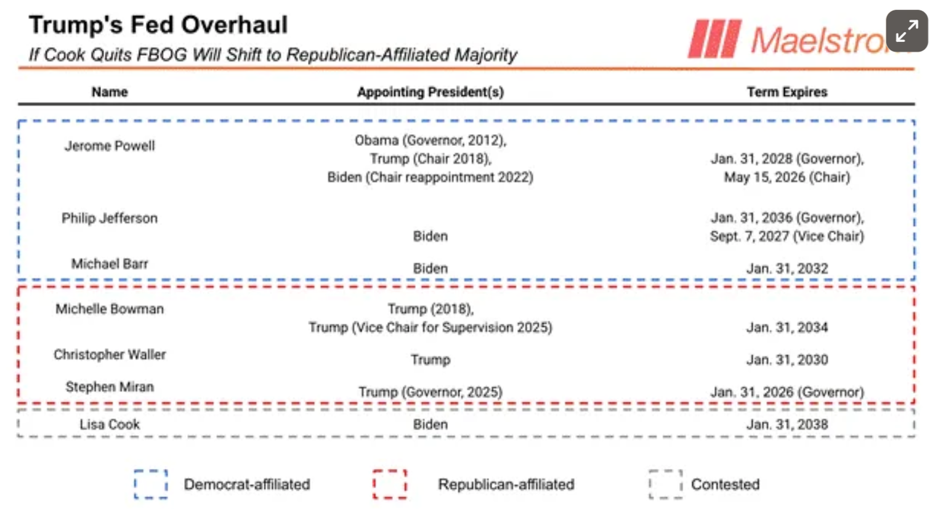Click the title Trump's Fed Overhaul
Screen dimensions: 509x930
(158, 25)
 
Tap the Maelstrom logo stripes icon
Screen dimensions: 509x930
(714, 38)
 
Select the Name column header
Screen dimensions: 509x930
(110, 92)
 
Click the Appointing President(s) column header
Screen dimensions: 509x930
(430, 92)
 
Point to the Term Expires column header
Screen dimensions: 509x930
(787, 92)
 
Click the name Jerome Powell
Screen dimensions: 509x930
(110, 146)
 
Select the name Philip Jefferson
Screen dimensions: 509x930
(110, 219)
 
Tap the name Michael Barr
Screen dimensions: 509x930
(110, 264)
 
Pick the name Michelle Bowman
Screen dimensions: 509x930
(110, 309)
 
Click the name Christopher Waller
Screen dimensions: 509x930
(110, 355)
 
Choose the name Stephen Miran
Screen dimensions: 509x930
(110, 387)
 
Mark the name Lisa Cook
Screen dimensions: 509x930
(110, 424)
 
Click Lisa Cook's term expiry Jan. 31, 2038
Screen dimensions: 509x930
(787, 424)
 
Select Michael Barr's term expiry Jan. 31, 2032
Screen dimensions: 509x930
(787, 269)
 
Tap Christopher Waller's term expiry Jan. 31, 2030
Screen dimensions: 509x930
(787, 360)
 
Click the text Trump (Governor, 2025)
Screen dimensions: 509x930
(430, 392)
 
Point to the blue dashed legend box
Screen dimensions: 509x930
(151, 484)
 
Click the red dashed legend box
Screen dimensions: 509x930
(389, 484)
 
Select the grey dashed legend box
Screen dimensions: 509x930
(666, 484)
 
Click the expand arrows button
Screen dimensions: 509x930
(906, 30)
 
